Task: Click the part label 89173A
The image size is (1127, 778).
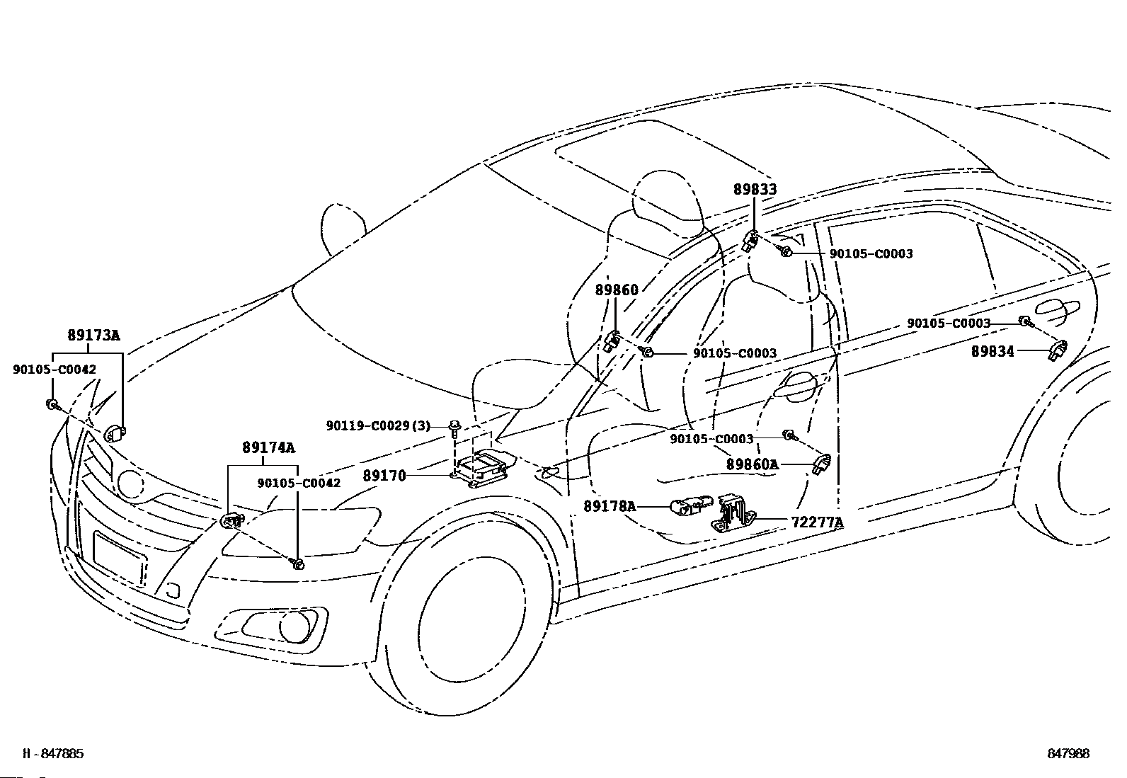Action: coord(93,335)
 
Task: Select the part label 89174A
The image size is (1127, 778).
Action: coord(268,447)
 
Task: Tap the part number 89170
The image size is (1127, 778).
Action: coord(384,476)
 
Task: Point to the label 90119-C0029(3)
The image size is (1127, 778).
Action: coord(378,425)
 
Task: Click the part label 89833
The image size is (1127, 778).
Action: coord(755,189)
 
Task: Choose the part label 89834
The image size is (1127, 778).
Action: coord(992,351)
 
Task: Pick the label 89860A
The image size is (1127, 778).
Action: coord(752,464)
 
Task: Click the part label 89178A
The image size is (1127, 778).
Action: coord(610,505)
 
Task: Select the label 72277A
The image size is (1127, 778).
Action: coord(818,522)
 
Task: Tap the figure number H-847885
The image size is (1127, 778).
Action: coord(53,753)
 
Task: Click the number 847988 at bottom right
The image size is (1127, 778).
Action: coord(1068,753)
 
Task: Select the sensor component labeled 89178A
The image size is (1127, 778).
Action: coord(692,505)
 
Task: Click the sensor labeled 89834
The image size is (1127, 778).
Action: coord(1056,349)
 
